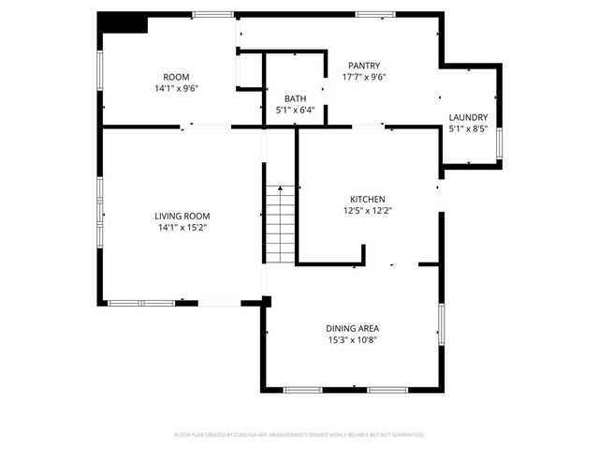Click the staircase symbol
[279, 224]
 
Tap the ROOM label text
[176, 77]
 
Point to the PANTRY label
[363, 66]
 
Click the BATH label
[295, 98]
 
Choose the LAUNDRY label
[468, 117]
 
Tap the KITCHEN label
[368, 200]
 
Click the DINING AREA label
[352, 328]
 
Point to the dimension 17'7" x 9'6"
[363, 77]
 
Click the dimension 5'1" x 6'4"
[295, 110]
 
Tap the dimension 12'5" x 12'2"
[368, 211]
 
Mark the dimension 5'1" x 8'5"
[468, 128]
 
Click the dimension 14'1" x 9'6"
[176, 88]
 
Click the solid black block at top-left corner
[122, 22]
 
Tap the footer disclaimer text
[299, 435]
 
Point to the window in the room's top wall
[212, 14]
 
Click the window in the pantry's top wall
[374, 14]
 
